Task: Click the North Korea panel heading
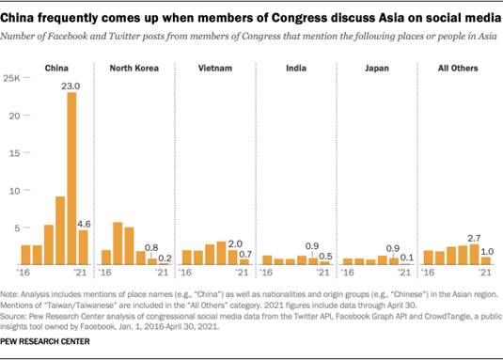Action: tap(134, 69)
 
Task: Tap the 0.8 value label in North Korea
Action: tap(151, 246)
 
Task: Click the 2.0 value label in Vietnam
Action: tap(235, 244)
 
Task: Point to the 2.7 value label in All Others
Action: tap(473, 238)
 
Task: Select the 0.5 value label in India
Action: tap(324, 257)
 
